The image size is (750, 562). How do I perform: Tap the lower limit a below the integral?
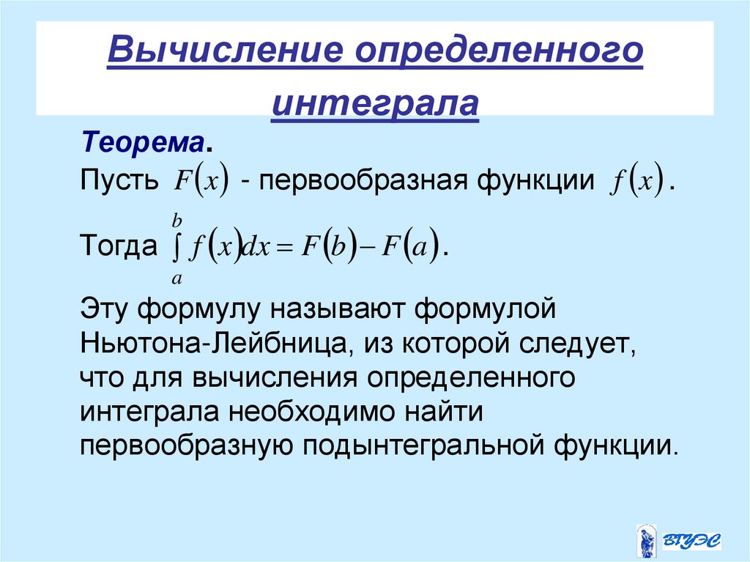(177, 278)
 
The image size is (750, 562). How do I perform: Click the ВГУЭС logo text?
(692, 541)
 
